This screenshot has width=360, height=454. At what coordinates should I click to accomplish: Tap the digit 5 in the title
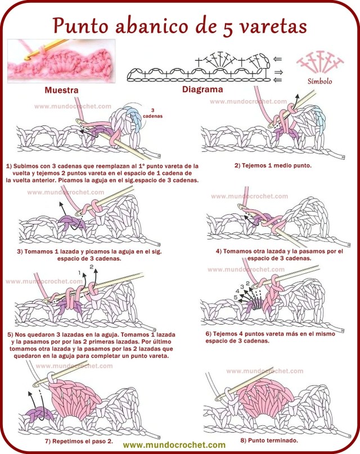tap(222, 25)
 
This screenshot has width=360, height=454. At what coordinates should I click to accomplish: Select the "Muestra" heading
tap(61, 91)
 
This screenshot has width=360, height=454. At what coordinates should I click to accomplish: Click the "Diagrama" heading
tap(202, 89)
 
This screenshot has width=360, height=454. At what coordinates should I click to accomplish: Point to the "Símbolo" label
tap(320, 81)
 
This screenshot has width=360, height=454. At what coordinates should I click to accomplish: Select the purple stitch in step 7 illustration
tap(39, 415)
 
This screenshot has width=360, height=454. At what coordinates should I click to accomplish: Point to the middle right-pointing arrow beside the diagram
tap(277, 72)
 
